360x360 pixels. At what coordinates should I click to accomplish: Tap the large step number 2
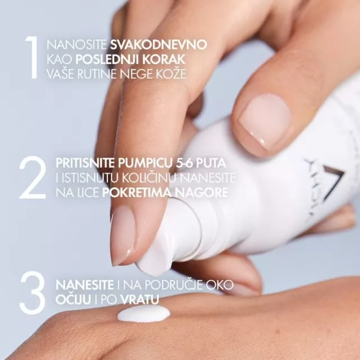click(31, 178)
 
